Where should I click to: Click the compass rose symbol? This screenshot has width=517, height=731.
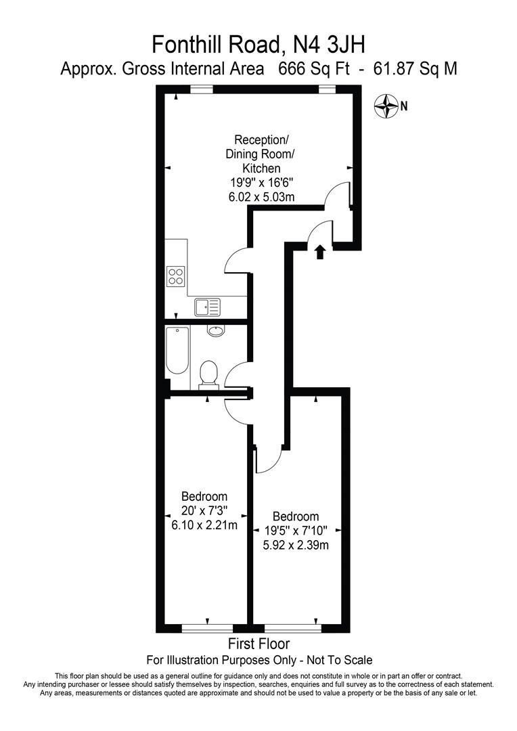click(386, 105)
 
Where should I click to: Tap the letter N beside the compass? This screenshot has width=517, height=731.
click(404, 106)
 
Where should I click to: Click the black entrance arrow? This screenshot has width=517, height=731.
click(319, 252)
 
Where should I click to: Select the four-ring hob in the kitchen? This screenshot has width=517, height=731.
click(176, 276)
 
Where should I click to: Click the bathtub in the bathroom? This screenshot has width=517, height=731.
click(177, 351)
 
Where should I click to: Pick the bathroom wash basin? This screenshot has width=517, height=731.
click(216, 331)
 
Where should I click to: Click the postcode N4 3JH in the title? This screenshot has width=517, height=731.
click(328, 45)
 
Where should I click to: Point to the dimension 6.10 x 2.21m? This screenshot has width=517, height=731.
click(204, 525)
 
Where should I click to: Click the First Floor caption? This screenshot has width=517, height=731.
click(259, 644)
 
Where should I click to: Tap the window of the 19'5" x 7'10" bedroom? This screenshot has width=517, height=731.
click(293, 627)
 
